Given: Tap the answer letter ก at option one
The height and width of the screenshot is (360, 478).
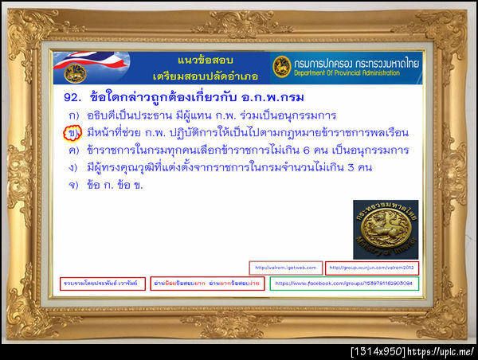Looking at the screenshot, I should (72, 115).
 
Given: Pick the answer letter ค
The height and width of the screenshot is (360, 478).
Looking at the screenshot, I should (72, 150).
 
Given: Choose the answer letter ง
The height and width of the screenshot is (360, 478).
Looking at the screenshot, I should (72, 167).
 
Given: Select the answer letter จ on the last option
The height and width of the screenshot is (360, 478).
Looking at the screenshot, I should (72, 185).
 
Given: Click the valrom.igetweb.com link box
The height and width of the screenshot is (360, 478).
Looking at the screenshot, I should (285, 268).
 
